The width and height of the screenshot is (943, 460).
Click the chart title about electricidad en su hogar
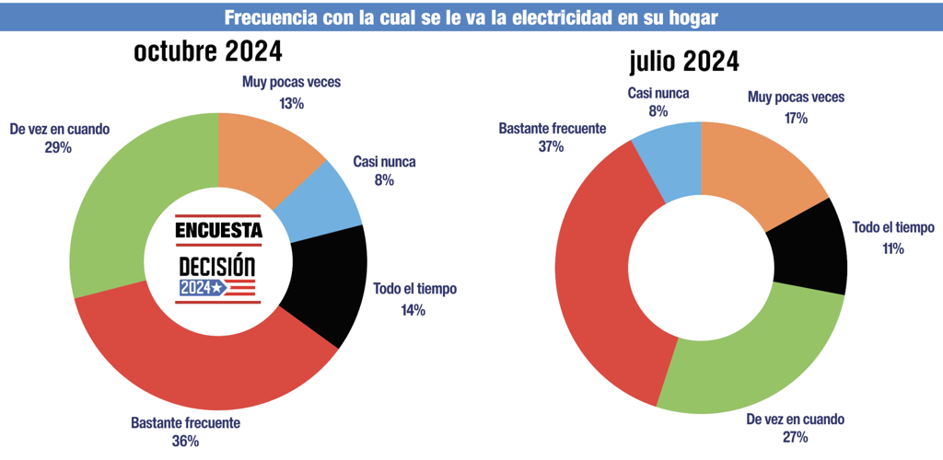tap(471, 17)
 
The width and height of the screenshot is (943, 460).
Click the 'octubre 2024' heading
tap(208, 52)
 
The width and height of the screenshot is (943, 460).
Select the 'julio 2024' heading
tap(683, 62)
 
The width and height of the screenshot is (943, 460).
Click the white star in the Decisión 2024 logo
tap(216, 289)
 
